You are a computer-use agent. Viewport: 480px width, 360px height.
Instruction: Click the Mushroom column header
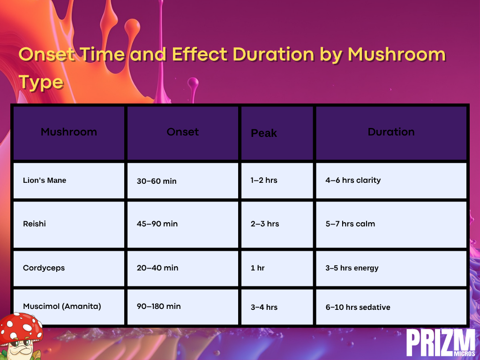[69, 132]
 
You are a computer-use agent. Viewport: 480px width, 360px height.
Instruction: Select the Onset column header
[183, 132]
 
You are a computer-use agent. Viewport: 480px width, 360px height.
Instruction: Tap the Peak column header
[264, 133]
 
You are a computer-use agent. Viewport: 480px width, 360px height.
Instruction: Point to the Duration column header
[391, 132]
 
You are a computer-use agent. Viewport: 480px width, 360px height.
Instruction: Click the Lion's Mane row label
[45, 180]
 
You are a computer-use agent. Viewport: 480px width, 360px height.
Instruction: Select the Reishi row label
[34, 224]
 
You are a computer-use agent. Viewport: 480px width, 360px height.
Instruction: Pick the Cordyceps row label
[44, 268]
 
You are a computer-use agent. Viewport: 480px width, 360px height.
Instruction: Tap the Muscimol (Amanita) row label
[62, 307]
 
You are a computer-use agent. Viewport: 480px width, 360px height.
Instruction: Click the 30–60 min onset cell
[157, 181]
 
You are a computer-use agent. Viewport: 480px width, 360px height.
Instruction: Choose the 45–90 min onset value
[157, 224]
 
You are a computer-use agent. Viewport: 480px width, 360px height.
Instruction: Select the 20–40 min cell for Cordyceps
[157, 268]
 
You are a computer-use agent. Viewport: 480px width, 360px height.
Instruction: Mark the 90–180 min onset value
[158, 307]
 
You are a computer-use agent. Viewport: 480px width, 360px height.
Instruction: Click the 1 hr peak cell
[257, 268]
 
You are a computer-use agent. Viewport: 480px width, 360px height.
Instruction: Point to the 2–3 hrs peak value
[265, 224]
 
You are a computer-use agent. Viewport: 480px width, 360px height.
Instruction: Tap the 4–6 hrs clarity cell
[353, 180]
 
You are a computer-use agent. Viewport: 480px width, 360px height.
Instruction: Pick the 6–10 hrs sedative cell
[358, 307]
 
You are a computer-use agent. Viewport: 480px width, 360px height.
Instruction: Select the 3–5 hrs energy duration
[352, 268]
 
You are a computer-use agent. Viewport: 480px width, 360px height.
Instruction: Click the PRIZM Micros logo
[441, 343]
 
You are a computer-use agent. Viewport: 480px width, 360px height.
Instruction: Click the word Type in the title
[41, 82]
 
